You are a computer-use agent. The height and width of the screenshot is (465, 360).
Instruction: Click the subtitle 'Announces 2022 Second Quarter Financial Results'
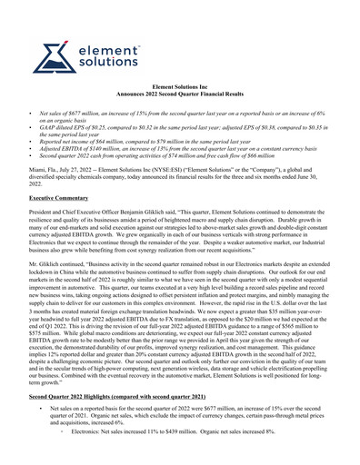pyautogui.click(x=179, y=116)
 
